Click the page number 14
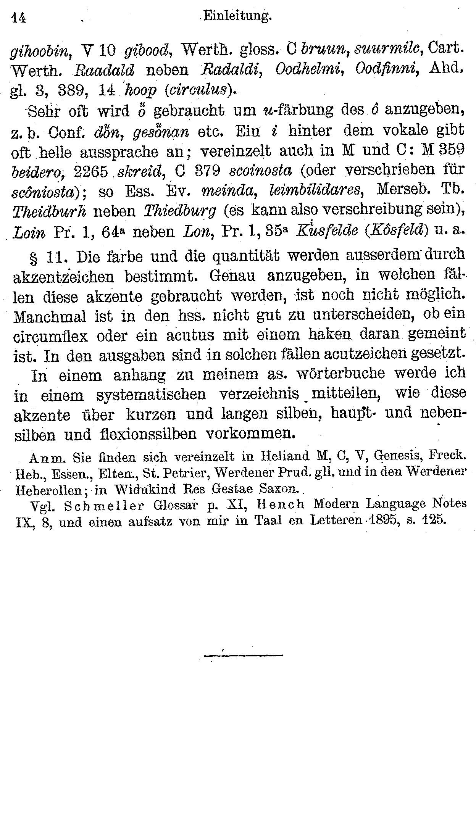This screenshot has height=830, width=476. click(x=18, y=18)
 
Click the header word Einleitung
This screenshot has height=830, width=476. click(x=237, y=16)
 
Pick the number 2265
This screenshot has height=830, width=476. click(x=91, y=172)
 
